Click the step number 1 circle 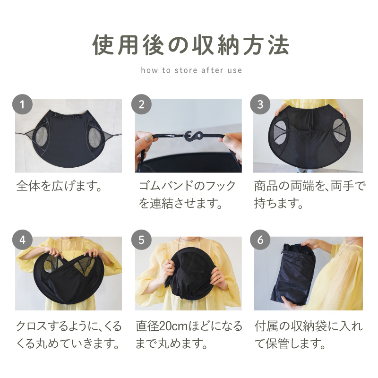coord(22,104)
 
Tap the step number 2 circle coord(141,104)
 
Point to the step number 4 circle coord(22,240)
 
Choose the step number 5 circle coord(141,240)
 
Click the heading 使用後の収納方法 coord(189,46)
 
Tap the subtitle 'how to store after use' coord(191,70)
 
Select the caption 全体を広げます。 coord(60,185)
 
